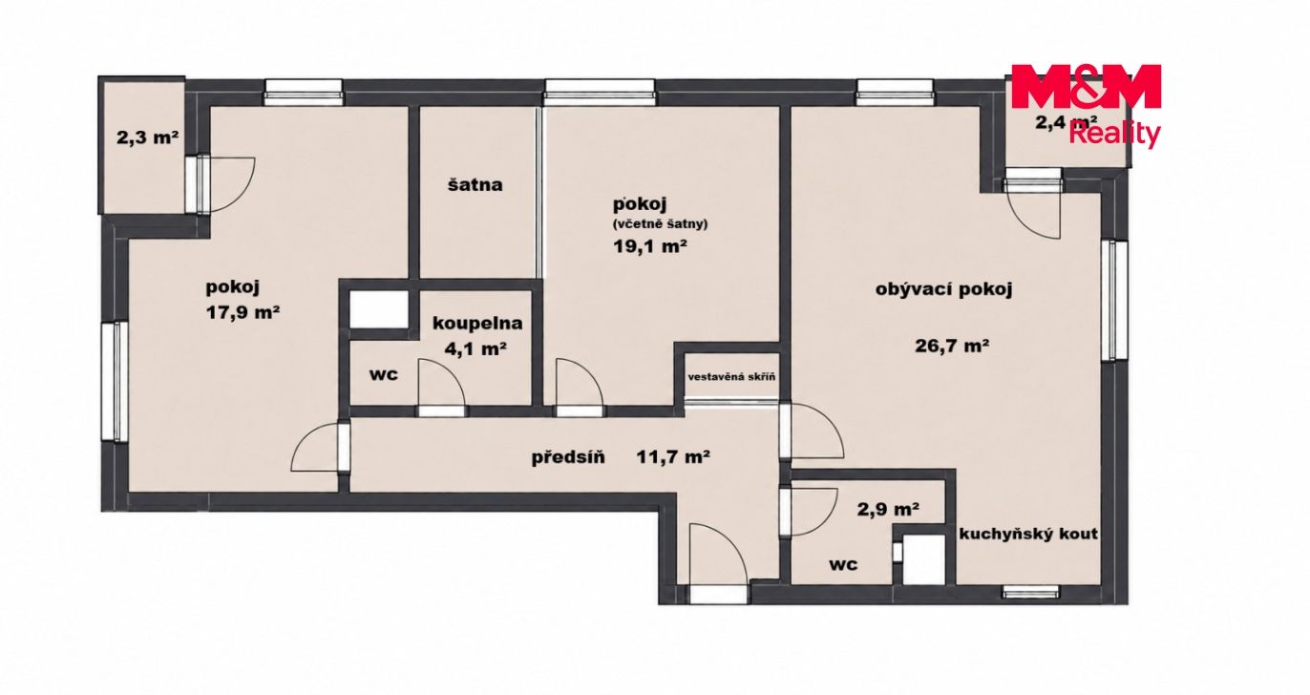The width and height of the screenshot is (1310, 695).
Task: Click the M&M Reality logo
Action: (x=1086, y=105)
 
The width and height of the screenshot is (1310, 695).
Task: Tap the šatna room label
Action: (x=475, y=185)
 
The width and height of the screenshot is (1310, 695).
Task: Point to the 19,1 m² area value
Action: (x=649, y=246)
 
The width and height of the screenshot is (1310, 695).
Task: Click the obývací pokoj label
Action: (x=944, y=290)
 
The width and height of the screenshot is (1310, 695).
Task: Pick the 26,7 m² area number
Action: (x=952, y=346)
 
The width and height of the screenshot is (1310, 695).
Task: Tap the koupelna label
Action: (x=477, y=324)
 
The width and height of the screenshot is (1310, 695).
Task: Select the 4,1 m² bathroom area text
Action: (x=475, y=349)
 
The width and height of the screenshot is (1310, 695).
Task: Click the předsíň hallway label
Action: (x=568, y=457)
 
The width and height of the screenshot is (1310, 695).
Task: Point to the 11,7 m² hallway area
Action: (x=673, y=456)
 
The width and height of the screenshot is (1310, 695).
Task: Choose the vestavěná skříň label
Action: (x=731, y=377)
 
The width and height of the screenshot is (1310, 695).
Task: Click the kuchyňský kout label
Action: (x=1028, y=534)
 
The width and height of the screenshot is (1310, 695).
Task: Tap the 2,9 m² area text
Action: (x=888, y=510)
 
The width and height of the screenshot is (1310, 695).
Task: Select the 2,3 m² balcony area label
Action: (x=147, y=137)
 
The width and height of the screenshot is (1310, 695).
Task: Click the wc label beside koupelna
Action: (x=384, y=374)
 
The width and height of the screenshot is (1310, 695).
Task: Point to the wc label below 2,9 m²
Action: (x=843, y=564)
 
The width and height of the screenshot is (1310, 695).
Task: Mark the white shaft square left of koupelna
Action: (x=379, y=309)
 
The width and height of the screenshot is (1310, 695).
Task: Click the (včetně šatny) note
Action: (x=660, y=224)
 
